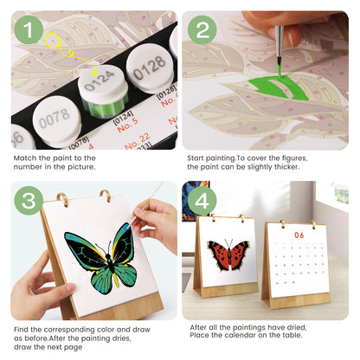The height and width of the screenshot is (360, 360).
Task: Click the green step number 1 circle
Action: tap(30, 32)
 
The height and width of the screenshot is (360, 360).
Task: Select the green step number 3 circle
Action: tap(30, 202)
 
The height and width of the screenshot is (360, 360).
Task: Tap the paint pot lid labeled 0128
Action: tap(148, 62)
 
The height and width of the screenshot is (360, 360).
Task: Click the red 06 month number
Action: tap(299, 235)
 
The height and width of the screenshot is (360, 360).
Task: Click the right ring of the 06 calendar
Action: tap(314, 223)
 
